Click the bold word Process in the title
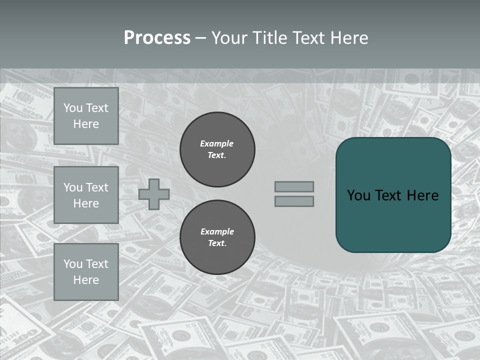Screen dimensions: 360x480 [x=157, y=38]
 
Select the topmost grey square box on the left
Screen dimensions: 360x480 [x=86, y=116]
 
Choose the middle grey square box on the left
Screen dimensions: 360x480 [x=86, y=195]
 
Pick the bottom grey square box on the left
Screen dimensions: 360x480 [x=86, y=272]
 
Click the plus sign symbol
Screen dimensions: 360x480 [x=154, y=194]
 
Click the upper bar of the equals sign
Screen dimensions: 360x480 [x=294, y=186]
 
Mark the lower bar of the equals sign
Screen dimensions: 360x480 [x=294, y=201]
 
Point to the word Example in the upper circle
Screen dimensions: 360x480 [x=217, y=143]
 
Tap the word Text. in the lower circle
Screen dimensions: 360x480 [x=217, y=243]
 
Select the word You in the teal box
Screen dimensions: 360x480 [x=359, y=195]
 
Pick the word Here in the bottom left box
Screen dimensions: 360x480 [x=86, y=280]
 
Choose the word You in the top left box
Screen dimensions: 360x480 [x=73, y=108]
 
